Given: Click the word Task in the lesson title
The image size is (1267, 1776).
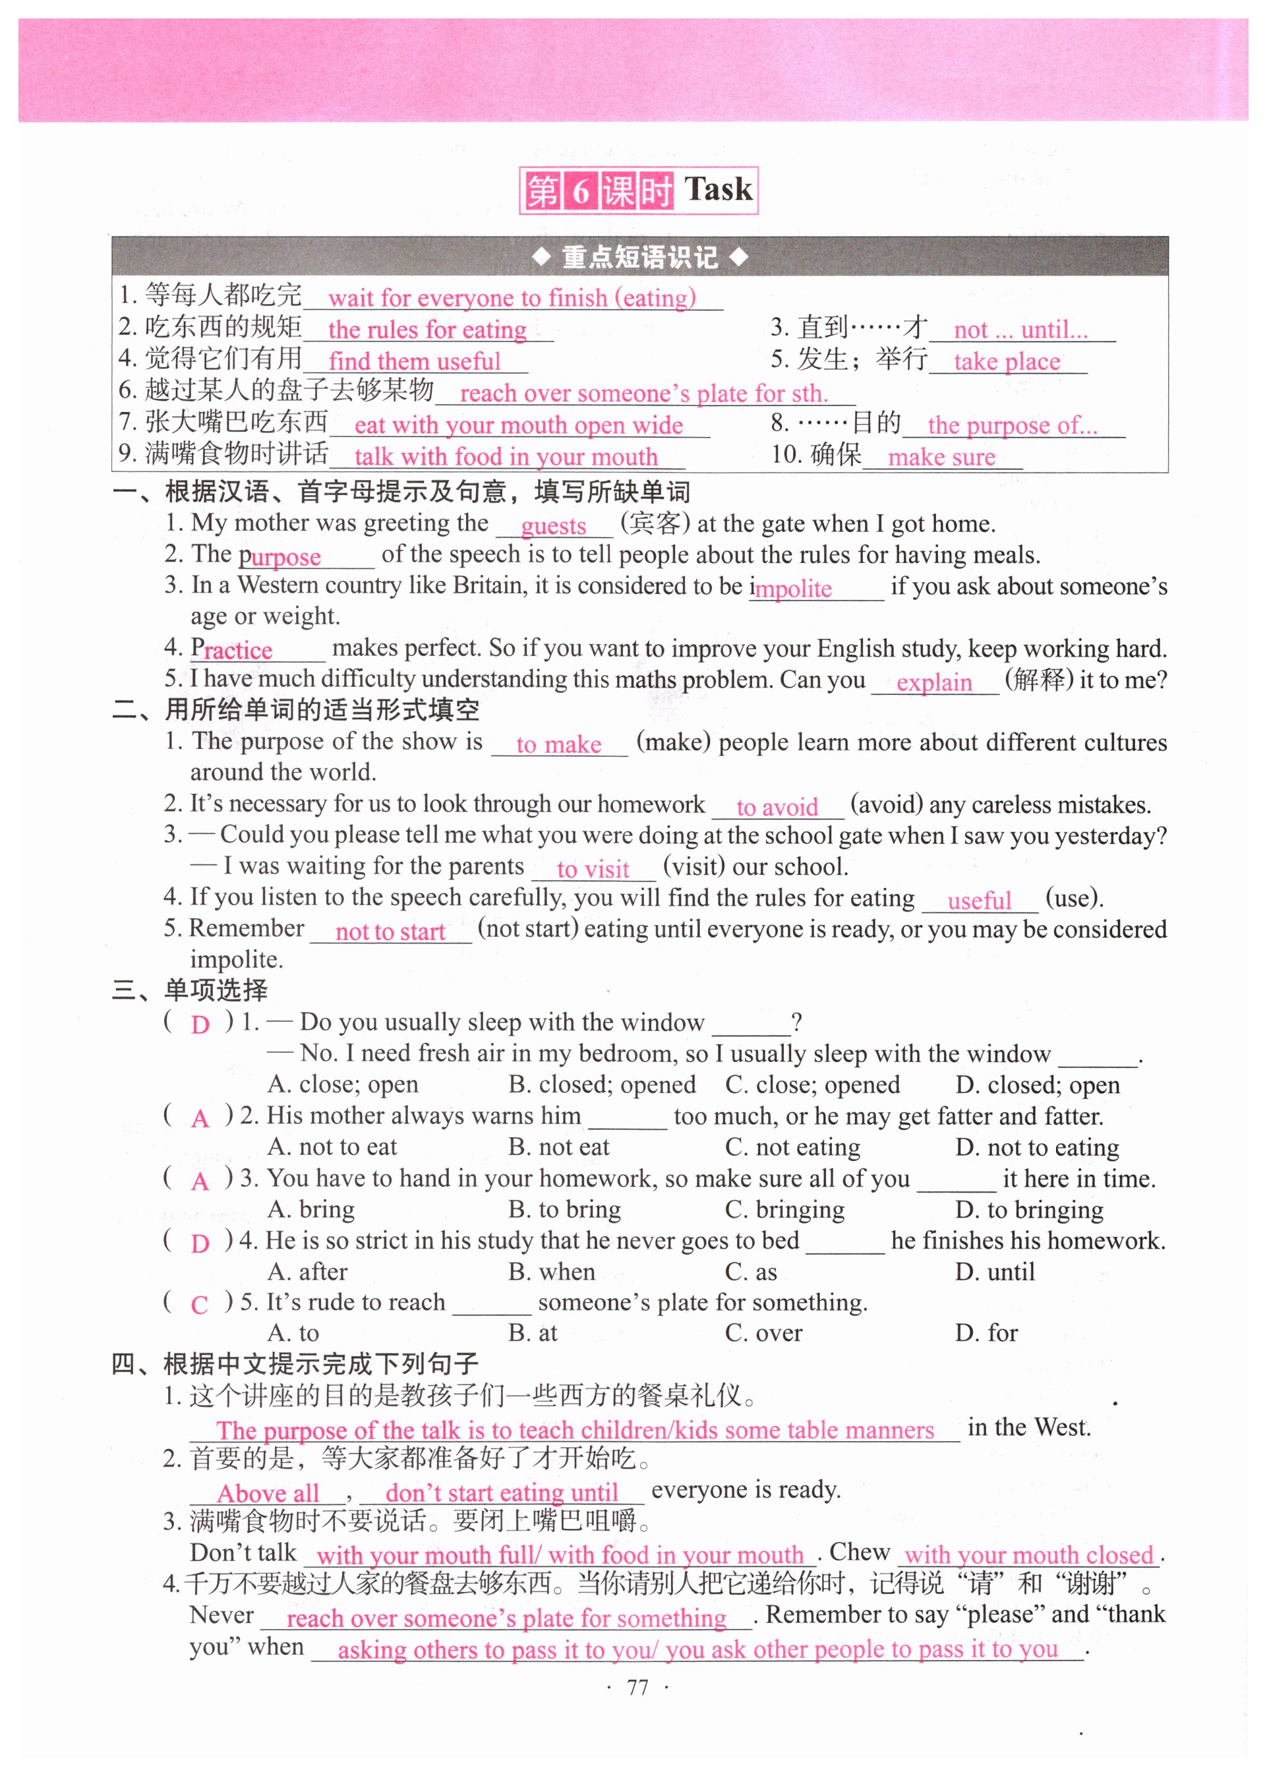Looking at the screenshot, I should [718, 190].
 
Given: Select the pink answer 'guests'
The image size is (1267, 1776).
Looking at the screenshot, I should [553, 527].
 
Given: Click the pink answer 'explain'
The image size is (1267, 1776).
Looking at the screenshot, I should [934, 683].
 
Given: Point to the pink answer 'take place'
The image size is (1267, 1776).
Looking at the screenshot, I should [1007, 362].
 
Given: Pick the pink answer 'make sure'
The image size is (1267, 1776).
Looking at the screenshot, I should [941, 457].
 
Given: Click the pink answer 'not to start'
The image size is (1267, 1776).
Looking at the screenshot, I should [390, 932].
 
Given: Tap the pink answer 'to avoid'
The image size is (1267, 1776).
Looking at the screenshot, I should [777, 808].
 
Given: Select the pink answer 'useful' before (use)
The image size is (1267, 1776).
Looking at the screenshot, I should [979, 901].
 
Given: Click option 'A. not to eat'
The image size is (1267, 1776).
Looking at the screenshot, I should [332, 1147].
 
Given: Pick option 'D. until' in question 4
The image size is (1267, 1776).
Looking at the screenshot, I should [995, 1272].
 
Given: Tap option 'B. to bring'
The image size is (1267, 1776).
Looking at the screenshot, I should [565, 1210].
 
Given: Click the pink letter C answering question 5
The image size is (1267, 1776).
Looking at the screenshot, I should [200, 1305].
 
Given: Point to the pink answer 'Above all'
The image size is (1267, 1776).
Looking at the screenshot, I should [268, 1494].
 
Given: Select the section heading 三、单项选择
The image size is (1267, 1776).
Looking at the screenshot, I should [190, 991].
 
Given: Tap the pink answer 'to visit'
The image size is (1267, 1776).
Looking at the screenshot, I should [593, 870].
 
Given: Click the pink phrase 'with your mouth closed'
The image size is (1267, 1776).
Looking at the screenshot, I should [1028, 1555].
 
